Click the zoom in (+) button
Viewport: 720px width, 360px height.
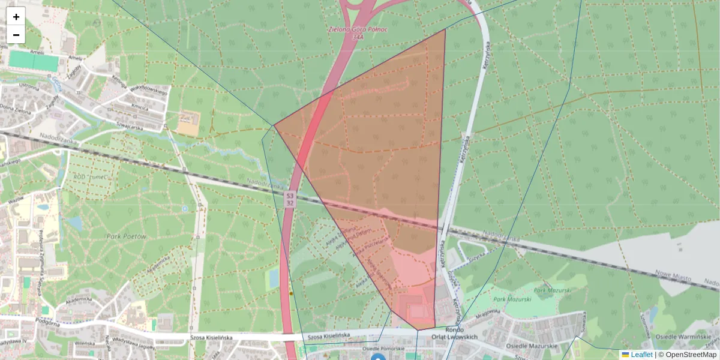[x=16, y=17]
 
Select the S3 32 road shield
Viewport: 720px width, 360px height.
[x=290, y=199]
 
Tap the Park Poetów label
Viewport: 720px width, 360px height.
[x=127, y=236]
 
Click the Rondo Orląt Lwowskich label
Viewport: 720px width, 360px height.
[x=455, y=332]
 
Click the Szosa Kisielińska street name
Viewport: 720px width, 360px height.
[x=328, y=335]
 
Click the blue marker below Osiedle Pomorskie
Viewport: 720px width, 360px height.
[x=377, y=358]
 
